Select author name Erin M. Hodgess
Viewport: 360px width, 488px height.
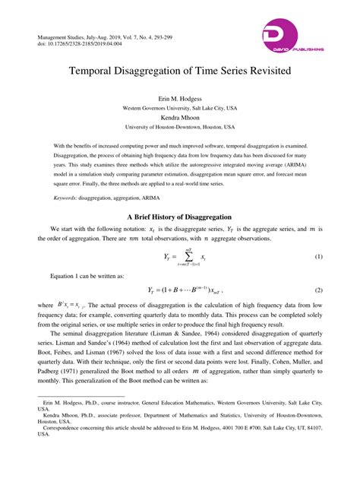tap(179, 99)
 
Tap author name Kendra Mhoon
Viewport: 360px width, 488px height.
tap(179, 118)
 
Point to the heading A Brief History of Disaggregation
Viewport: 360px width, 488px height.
tap(180, 216)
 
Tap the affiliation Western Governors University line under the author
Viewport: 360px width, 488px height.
tap(179, 109)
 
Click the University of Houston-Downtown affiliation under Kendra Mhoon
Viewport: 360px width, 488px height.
tap(179, 127)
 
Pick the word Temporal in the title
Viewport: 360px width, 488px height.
tap(101, 72)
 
